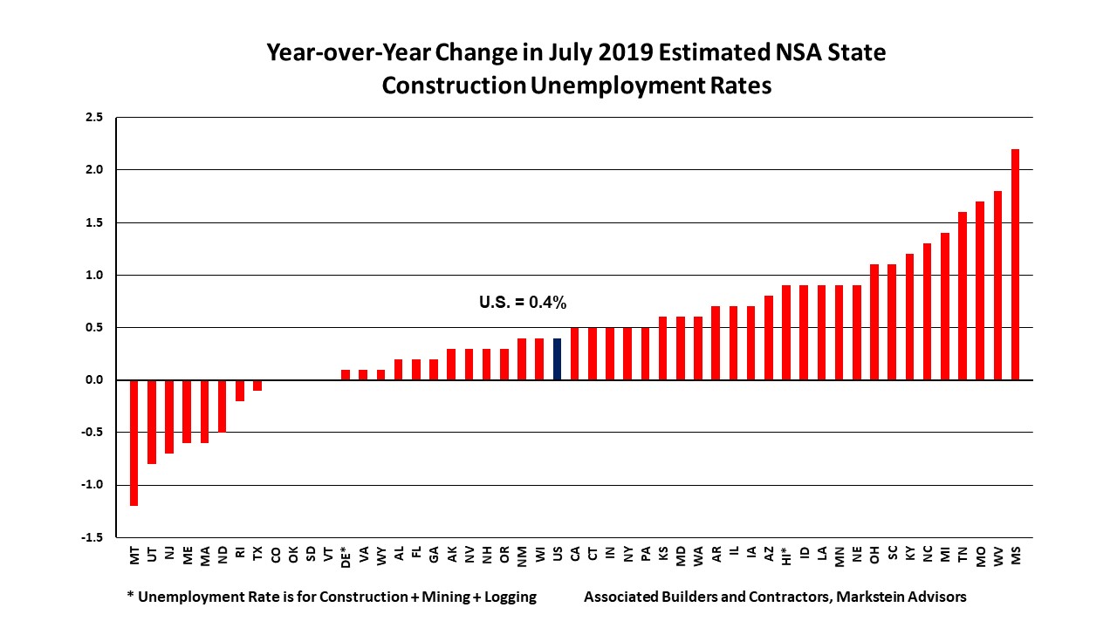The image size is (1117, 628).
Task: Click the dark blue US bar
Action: [x=557, y=359]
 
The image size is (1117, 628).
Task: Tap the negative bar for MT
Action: [x=134, y=442]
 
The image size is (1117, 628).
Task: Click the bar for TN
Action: [x=963, y=296]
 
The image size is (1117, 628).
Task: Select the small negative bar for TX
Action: [x=257, y=385]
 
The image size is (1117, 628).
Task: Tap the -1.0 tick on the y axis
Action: [x=92, y=485]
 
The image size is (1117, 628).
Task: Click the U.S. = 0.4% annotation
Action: [x=523, y=303]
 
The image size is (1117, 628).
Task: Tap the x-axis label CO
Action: [x=276, y=555]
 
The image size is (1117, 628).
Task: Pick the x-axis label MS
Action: [x=1015, y=555]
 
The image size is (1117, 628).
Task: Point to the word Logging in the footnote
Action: [x=505, y=597]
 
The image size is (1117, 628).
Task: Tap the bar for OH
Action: [x=874, y=322]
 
